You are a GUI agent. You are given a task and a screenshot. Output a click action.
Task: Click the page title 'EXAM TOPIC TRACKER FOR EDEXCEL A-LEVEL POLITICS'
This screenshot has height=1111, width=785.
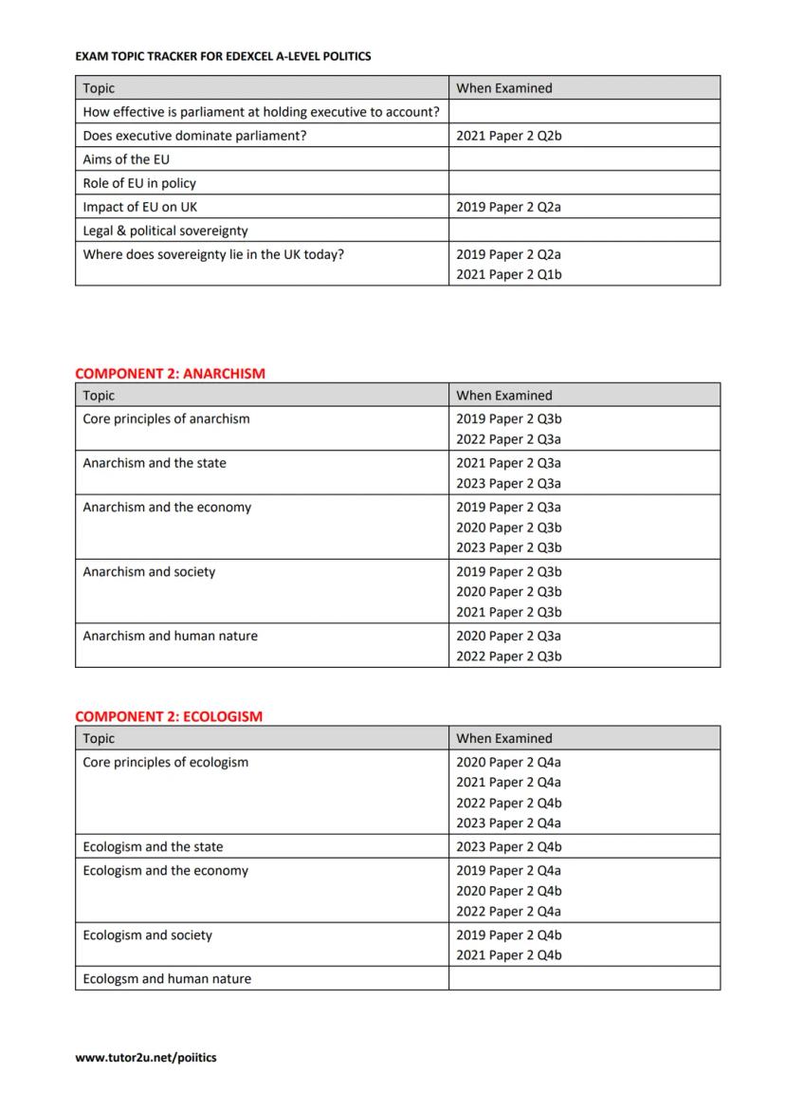coord(223,56)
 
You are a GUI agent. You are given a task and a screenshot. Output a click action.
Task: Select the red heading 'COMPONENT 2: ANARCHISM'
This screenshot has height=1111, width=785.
coord(170,374)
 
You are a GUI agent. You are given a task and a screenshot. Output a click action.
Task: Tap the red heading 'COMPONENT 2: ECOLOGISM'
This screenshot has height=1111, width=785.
coord(169,716)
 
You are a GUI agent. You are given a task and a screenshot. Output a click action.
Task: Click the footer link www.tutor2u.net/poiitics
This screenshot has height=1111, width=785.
coord(145,1057)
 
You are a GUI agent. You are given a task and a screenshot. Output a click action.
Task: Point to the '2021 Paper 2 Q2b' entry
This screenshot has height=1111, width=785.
coord(509,136)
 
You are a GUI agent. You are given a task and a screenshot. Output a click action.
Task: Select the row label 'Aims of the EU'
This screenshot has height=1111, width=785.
coord(126,159)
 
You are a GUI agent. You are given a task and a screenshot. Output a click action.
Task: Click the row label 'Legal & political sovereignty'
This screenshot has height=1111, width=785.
coord(165,231)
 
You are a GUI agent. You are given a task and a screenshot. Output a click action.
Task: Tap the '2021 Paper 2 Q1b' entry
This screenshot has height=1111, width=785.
coord(509,275)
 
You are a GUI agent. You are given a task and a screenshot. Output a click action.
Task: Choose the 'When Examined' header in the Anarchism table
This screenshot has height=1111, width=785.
coord(503,396)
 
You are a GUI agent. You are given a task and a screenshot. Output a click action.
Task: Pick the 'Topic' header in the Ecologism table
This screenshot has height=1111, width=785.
coord(99,738)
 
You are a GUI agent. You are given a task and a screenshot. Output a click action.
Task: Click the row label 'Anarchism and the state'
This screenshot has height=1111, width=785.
coord(155,463)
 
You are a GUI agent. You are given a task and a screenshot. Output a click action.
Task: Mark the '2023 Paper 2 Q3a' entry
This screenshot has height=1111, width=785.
coord(509,484)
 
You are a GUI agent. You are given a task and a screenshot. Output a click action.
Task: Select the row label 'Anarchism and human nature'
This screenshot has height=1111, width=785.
coord(170,636)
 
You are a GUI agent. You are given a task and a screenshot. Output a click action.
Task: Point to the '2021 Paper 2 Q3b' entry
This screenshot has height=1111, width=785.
coord(509,612)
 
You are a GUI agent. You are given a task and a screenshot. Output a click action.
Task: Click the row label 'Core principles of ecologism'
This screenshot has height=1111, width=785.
coord(165,762)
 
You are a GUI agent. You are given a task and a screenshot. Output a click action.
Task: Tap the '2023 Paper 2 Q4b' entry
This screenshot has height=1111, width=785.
coord(509,847)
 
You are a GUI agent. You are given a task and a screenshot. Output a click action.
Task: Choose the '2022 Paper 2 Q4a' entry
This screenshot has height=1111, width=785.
coord(509,912)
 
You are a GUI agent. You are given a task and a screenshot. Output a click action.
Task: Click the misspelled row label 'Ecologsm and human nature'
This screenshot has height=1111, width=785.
coord(167,978)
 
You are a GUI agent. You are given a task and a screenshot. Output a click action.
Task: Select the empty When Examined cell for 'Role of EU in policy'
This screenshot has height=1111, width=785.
coord(584,183)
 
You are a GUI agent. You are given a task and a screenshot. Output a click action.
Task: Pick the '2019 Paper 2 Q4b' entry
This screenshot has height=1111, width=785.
coord(509,935)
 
